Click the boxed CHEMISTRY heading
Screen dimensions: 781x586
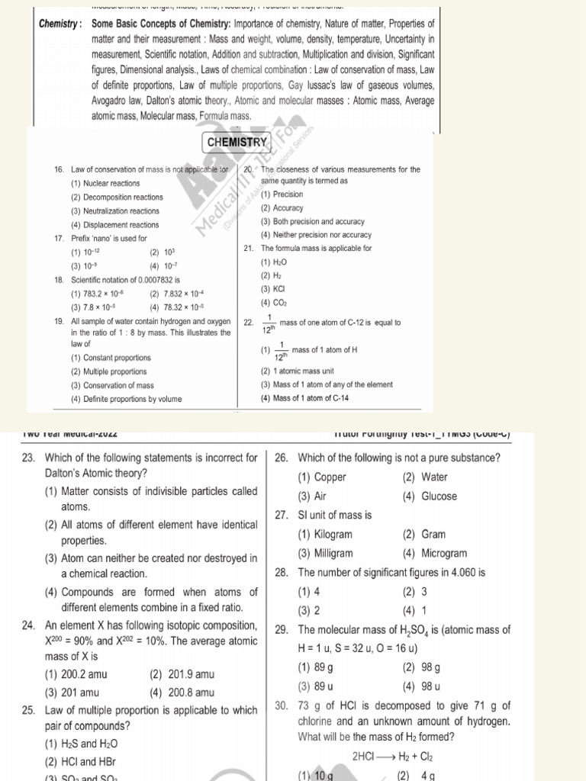tap(236, 142)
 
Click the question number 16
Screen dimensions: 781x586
tap(59, 169)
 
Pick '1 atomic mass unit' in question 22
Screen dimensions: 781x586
tap(298, 371)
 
